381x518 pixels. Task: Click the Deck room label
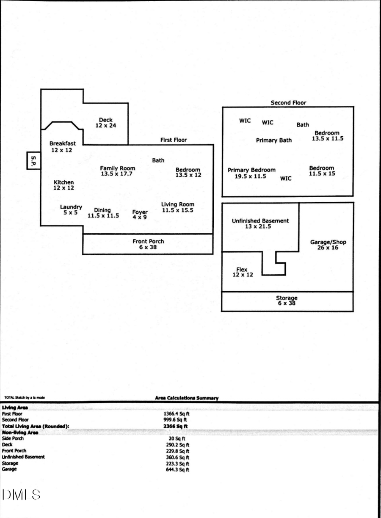[105, 120]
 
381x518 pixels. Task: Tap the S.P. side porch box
[33, 161]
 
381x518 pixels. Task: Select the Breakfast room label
[62, 144]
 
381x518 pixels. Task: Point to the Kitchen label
[63, 182]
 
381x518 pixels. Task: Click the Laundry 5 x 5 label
[71, 210]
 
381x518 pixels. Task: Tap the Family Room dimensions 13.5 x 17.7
[117, 174]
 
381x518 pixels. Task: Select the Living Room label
[177, 205]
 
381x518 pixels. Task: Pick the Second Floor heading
[288, 103]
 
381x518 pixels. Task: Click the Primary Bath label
[273, 141]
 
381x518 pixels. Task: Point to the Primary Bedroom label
[251, 170]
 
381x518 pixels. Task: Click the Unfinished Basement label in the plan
[260, 221]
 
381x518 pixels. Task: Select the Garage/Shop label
[328, 242]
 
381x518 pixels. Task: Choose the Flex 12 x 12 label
[242, 272]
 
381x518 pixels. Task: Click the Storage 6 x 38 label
[287, 300]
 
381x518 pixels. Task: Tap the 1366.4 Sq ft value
[177, 413]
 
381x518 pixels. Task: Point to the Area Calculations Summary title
[187, 398]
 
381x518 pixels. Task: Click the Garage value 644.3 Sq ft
[177, 469]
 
